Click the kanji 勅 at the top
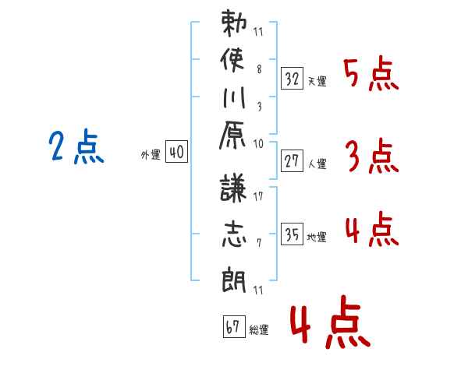tap(234, 26)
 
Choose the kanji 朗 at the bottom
tap(234, 277)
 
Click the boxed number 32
tap(292, 78)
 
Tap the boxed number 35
tap(292, 234)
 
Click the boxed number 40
tap(176, 153)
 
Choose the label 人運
tap(317, 164)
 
